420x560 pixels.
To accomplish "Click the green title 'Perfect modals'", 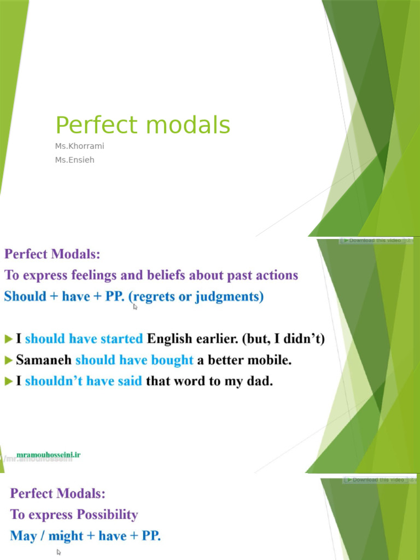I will [x=143, y=125].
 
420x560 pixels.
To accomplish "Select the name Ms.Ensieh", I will [x=74, y=160].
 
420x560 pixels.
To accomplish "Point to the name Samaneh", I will [x=44, y=360].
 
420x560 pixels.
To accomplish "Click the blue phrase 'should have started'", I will [x=84, y=339].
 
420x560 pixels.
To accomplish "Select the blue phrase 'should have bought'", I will [x=135, y=360].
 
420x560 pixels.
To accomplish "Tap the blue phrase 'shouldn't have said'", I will [x=84, y=381].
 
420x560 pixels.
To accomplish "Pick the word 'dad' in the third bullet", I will [x=260, y=381].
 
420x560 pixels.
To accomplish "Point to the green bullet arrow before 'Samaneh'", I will [x=8, y=360].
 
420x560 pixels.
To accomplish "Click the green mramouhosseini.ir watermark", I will [x=49, y=454].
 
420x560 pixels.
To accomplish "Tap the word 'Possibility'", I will [x=107, y=515].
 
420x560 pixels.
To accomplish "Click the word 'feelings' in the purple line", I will [x=89, y=275].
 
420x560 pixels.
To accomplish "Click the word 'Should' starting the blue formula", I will [x=25, y=297].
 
